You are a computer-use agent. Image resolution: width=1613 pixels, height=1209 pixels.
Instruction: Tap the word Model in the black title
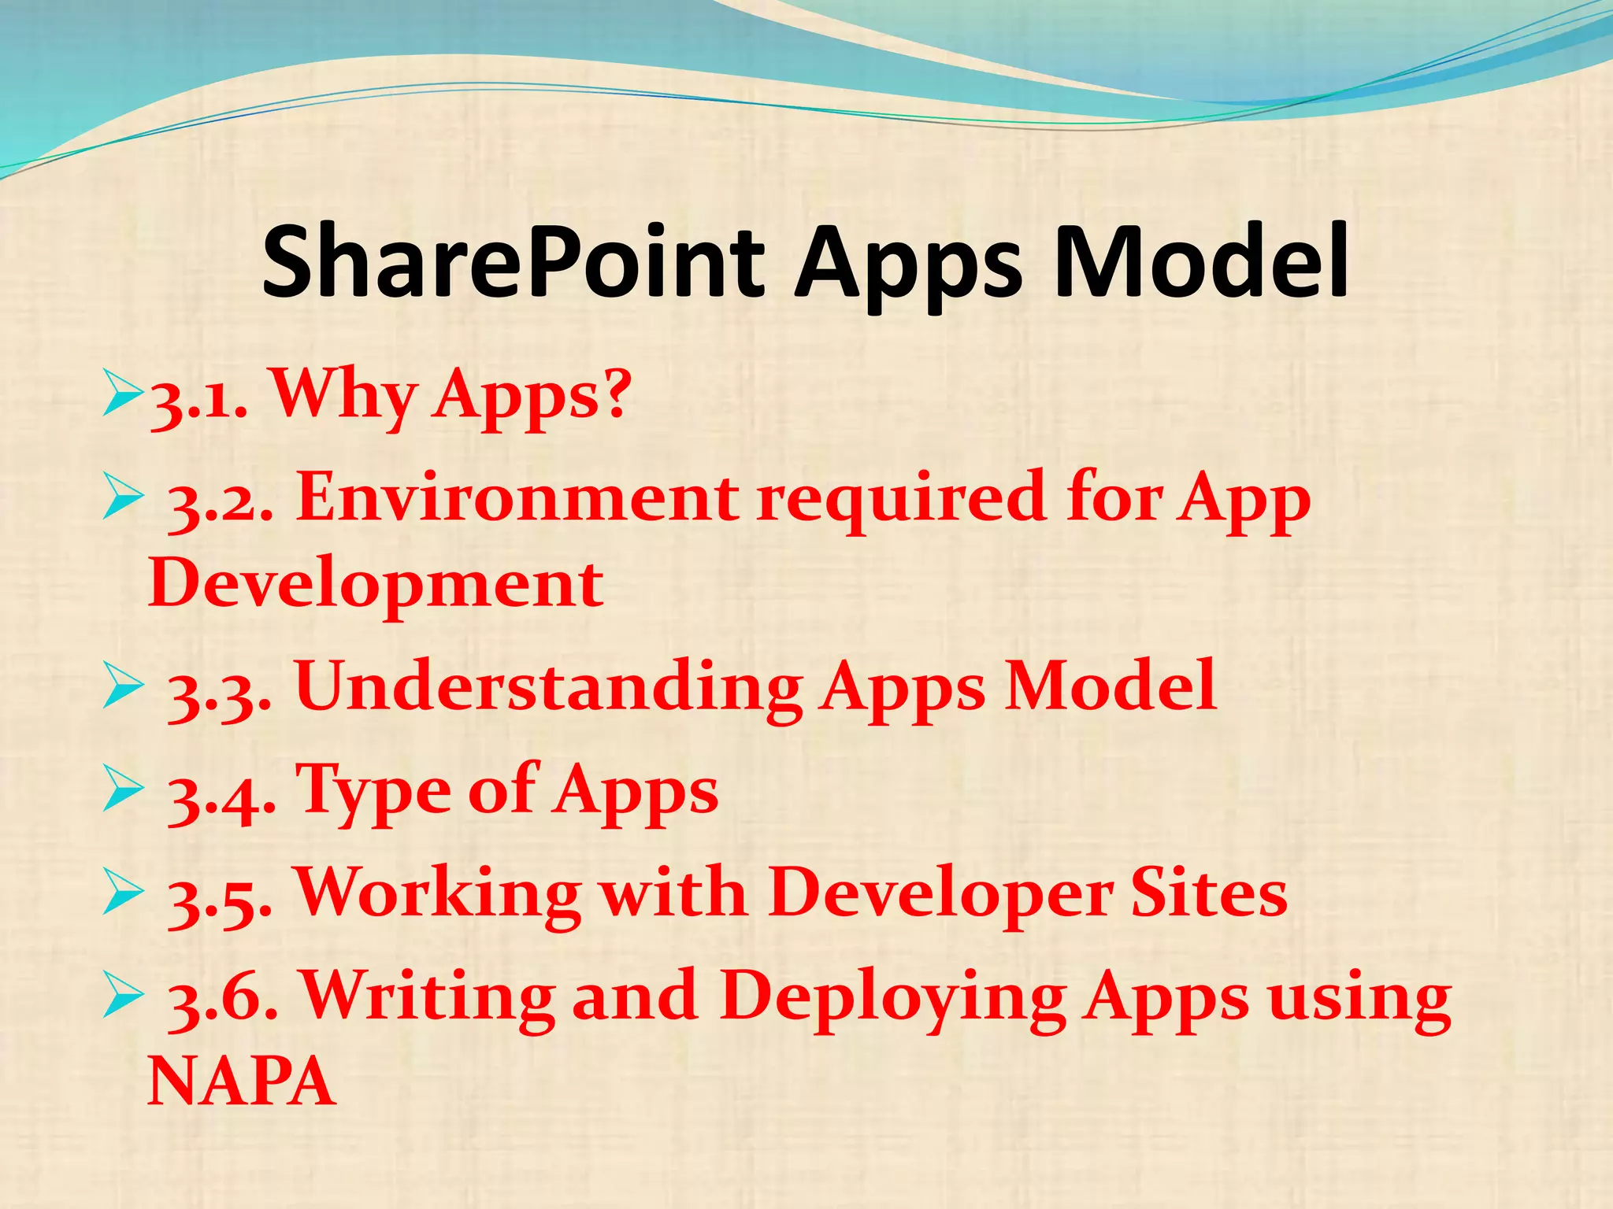(1200, 262)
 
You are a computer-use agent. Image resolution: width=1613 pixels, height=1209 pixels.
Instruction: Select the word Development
(376, 586)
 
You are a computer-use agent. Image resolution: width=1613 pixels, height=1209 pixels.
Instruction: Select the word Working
(438, 893)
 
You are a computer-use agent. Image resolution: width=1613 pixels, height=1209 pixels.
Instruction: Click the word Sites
(1209, 893)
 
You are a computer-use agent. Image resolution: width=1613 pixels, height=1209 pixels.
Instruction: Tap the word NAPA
(242, 1082)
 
